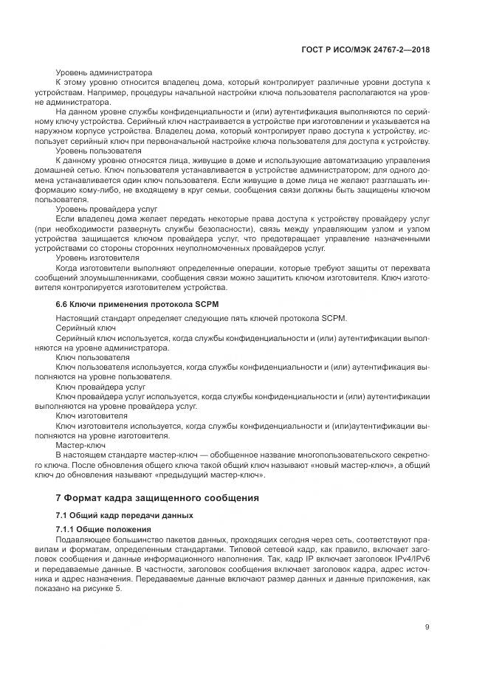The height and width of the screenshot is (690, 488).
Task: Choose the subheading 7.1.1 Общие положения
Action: [x=103, y=530]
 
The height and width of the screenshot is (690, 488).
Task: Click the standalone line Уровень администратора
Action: [x=104, y=72]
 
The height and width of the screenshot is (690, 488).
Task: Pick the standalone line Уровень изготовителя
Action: [x=97, y=258]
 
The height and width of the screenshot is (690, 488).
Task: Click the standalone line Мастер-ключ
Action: [x=80, y=446]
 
